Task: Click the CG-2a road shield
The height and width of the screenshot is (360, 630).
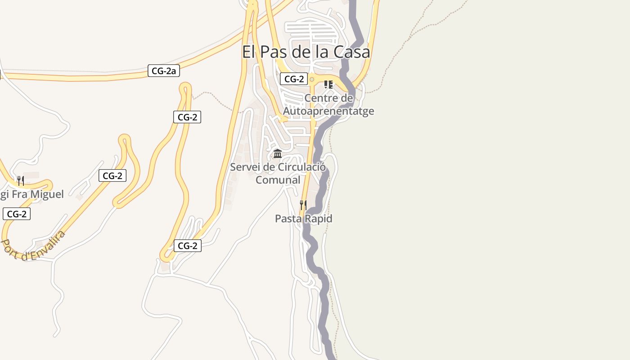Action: [163, 71]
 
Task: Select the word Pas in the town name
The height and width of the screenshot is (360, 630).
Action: [274, 52]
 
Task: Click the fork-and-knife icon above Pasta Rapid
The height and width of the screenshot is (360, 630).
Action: [303, 205]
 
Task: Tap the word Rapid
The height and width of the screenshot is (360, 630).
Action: [318, 219]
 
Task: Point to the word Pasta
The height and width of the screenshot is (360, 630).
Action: [288, 219]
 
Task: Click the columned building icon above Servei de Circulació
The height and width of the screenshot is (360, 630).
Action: [278, 154]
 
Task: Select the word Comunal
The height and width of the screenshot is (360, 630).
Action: [278, 180]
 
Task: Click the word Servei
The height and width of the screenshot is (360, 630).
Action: [246, 167]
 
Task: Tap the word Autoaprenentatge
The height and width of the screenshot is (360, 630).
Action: [328, 111]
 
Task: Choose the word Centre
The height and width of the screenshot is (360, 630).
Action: [322, 98]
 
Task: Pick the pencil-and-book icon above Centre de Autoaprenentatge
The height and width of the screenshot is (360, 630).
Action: [328, 84]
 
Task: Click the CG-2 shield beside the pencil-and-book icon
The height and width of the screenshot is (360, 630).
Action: [293, 79]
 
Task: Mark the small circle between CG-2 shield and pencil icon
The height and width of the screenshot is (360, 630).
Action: [311, 79]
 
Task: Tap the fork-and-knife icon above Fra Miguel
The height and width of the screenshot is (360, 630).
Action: [20, 181]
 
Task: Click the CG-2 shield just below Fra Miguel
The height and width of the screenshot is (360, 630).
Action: [17, 214]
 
